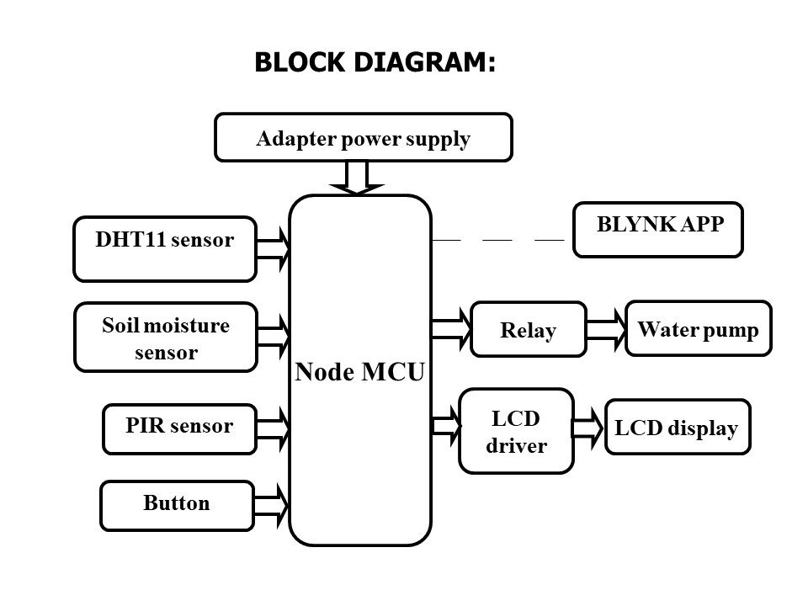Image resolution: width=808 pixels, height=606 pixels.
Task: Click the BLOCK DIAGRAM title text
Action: click(x=374, y=62)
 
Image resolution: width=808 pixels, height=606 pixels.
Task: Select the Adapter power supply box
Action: click(x=364, y=137)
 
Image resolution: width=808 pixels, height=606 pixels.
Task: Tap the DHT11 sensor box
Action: click(x=165, y=248)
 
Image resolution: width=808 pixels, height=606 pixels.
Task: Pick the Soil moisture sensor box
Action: click(x=166, y=337)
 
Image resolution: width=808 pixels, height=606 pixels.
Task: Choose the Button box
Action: click(x=177, y=505)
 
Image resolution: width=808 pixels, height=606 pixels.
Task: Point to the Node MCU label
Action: click(x=360, y=372)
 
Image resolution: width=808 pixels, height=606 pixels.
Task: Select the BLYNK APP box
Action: click(x=658, y=229)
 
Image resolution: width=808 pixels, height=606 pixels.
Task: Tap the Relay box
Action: click(x=529, y=329)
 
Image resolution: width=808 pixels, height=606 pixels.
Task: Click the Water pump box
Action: click(x=699, y=328)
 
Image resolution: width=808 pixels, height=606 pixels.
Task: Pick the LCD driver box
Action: click(x=516, y=431)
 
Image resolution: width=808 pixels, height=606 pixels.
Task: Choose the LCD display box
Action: click(x=677, y=427)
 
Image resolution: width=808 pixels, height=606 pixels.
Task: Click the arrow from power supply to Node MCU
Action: click(x=358, y=178)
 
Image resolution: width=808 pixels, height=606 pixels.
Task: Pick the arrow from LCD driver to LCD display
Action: click(x=589, y=427)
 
